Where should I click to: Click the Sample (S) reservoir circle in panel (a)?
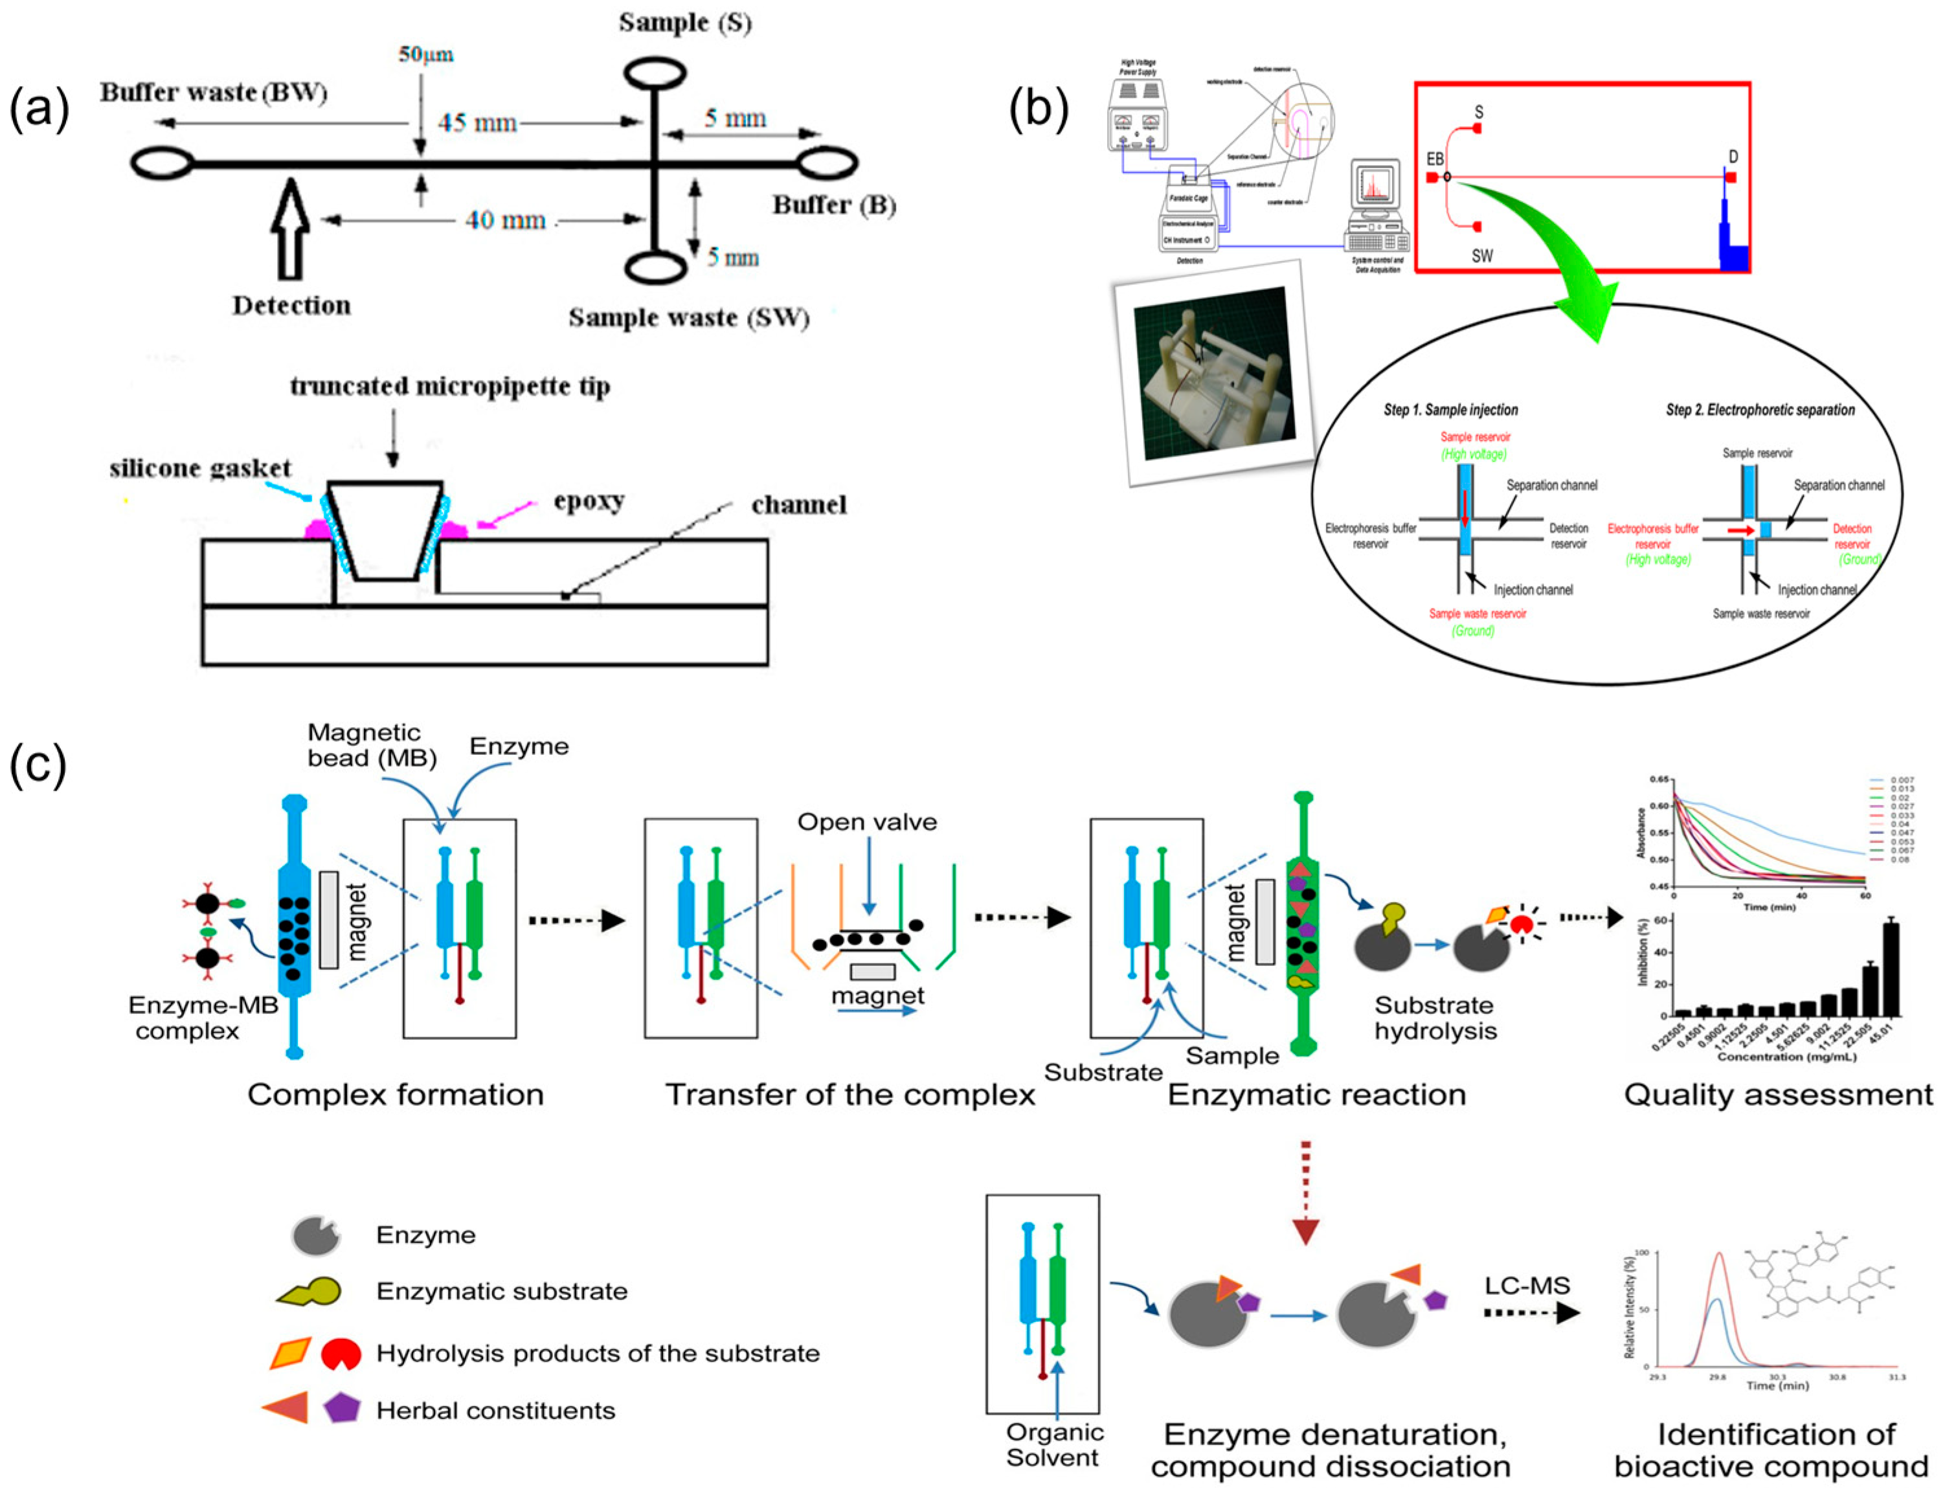654,74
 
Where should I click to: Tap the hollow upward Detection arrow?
291,229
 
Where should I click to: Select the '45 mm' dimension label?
477,122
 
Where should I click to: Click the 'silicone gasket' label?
200,468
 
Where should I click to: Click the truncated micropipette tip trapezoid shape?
385,530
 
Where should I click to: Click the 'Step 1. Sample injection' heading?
1450,410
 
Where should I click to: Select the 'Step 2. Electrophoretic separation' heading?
1759,410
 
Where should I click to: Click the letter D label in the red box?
1733,157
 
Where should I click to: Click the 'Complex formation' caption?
396,1094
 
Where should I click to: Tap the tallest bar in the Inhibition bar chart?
1891,969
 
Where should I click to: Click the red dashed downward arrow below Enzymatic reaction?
1305,1191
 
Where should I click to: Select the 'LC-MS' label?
1527,1285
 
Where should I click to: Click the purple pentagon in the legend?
341,1409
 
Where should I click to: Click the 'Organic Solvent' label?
1054,1445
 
